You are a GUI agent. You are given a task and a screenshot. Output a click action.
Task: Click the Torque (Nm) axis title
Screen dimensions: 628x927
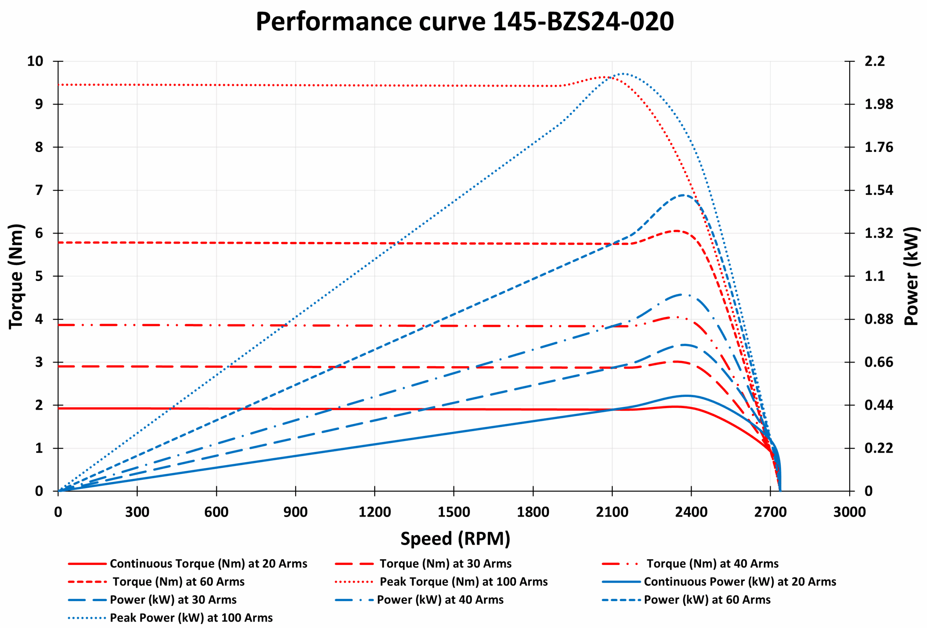[x=16, y=276]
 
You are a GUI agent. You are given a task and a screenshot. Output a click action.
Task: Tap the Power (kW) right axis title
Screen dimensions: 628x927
[x=911, y=276]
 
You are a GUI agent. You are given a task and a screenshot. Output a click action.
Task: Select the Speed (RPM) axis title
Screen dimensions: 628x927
[x=455, y=538]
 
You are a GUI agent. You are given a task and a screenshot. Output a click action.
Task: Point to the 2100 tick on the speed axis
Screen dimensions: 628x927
[x=612, y=512]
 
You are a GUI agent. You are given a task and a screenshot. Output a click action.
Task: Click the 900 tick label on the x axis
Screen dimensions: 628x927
[x=295, y=512]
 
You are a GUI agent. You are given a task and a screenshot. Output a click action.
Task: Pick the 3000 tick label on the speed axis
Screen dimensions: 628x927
[x=849, y=512]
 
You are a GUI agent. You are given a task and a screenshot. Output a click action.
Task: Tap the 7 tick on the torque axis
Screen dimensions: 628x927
[x=39, y=190]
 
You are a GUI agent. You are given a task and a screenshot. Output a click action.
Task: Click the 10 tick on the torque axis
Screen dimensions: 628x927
[x=35, y=61]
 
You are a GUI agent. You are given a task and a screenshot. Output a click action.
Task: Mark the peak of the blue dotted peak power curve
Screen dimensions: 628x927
[x=623, y=74]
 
